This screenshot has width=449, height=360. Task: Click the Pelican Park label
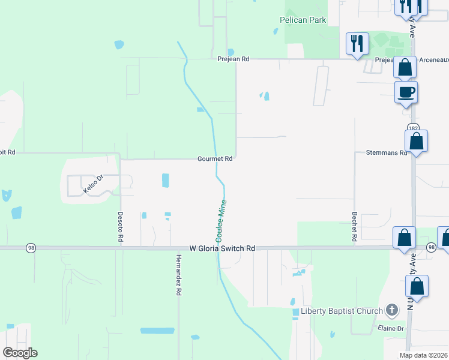[303, 20]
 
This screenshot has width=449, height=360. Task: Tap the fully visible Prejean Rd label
[233, 59]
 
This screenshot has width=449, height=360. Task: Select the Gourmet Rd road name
[215, 159]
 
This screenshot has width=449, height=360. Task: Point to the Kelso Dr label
[94, 184]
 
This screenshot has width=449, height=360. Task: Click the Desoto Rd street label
[121, 227]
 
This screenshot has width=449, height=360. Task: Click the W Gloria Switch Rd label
[222, 248]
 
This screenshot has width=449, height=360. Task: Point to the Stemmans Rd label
[386, 153]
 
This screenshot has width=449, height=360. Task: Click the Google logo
[19, 353]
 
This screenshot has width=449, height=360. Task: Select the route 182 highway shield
[412, 128]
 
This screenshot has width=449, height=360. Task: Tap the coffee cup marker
[405, 92]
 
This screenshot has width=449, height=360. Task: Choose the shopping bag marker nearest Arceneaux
[405, 68]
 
